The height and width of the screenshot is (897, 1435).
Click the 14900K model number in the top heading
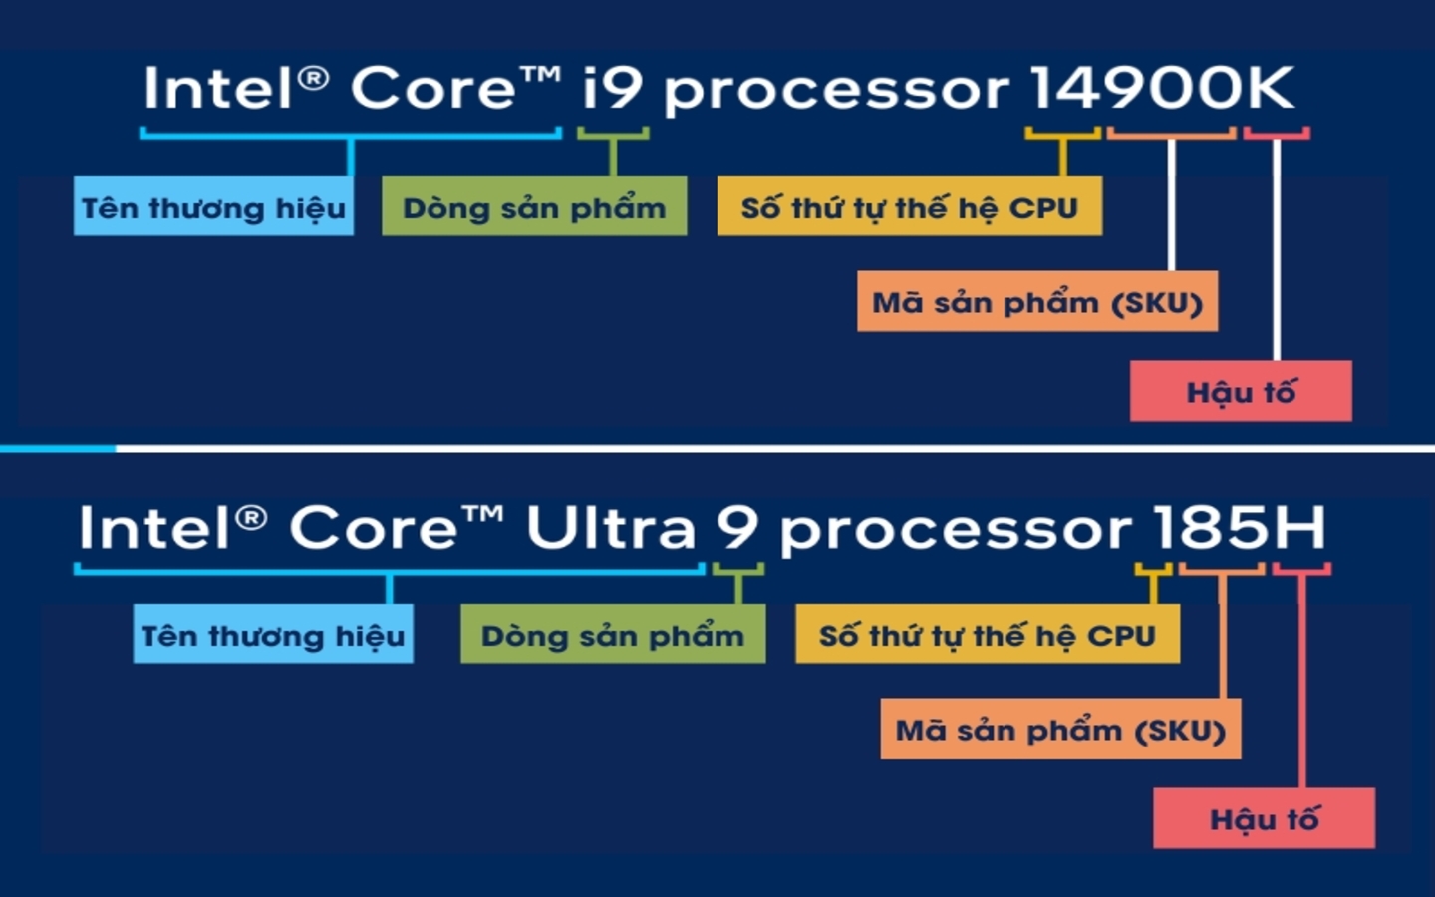point(1161,88)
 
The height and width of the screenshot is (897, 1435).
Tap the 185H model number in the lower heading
point(1239,527)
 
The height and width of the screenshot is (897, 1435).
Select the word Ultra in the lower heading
point(610,527)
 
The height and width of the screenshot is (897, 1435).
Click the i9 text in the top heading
point(613,88)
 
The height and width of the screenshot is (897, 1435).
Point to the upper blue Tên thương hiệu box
point(213,207)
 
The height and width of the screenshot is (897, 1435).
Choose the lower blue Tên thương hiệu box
point(273,635)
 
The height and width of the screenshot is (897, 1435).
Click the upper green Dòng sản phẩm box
point(534,207)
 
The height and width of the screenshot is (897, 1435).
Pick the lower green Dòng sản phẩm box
point(613,635)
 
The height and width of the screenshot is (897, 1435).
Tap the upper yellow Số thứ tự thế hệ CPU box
point(909,207)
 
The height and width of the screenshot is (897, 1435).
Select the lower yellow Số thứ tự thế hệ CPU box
point(987,635)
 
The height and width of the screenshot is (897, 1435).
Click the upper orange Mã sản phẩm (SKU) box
point(1036,301)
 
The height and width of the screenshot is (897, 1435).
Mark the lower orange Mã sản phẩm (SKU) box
point(1060,730)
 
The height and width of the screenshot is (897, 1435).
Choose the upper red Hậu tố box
point(1241,391)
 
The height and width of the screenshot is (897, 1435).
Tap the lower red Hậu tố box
point(1264,818)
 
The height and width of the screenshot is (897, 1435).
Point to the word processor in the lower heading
point(955,529)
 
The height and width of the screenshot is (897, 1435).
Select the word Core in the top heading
point(433,88)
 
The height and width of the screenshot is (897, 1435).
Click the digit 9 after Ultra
point(736,527)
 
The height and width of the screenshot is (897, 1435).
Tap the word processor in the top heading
point(836,90)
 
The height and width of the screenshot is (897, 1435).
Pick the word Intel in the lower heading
point(155,527)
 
